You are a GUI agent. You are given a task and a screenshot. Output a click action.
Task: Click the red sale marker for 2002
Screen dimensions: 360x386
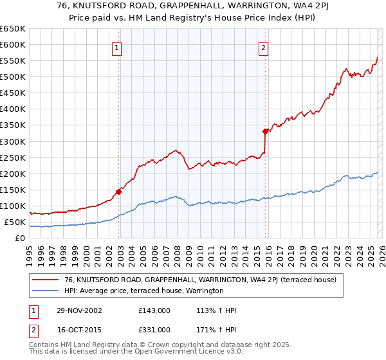[x=119, y=191]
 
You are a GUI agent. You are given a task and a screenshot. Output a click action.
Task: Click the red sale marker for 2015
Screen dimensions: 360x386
[x=265, y=130]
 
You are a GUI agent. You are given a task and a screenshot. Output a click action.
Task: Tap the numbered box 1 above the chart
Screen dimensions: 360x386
[x=116, y=47]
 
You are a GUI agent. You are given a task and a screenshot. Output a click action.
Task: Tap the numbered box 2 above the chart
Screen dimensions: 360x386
[x=263, y=47]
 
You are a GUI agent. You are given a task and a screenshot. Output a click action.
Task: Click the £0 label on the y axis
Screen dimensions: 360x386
[x=21, y=239]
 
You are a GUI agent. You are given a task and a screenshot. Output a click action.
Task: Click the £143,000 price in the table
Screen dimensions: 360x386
[x=154, y=310]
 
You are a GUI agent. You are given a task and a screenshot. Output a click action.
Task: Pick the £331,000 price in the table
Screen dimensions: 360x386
[x=154, y=329]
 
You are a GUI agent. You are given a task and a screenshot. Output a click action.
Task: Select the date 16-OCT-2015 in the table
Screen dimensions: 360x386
[x=78, y=329]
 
